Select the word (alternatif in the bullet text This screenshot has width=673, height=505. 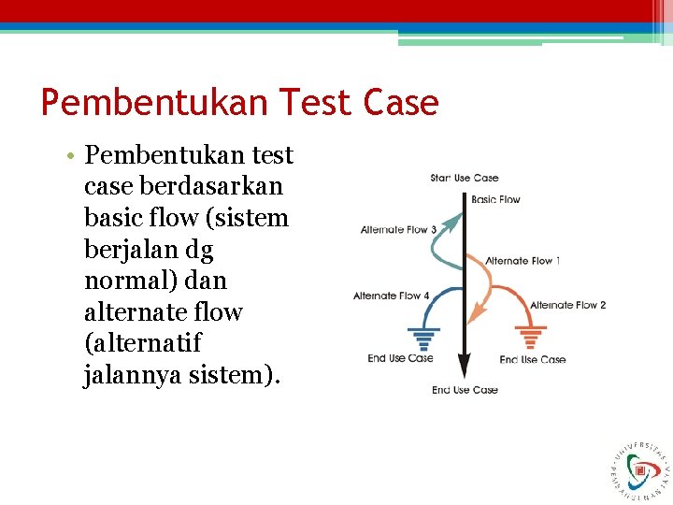(x=140, y=343)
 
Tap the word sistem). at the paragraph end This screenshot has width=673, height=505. (x=232, y=375)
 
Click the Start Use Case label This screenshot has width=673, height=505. (x=464, y=178)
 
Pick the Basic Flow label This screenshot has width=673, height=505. (x=495, y=199)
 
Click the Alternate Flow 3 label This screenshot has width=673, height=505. (x=398, y=229)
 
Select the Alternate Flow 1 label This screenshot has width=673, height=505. (x=522, y=261)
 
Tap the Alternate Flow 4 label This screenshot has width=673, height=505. (x=391, y=296)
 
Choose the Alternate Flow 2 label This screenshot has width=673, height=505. (x=567, y=305)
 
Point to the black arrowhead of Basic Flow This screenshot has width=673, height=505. (x=465, y=367)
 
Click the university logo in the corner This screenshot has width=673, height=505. (x=641, y=469)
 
